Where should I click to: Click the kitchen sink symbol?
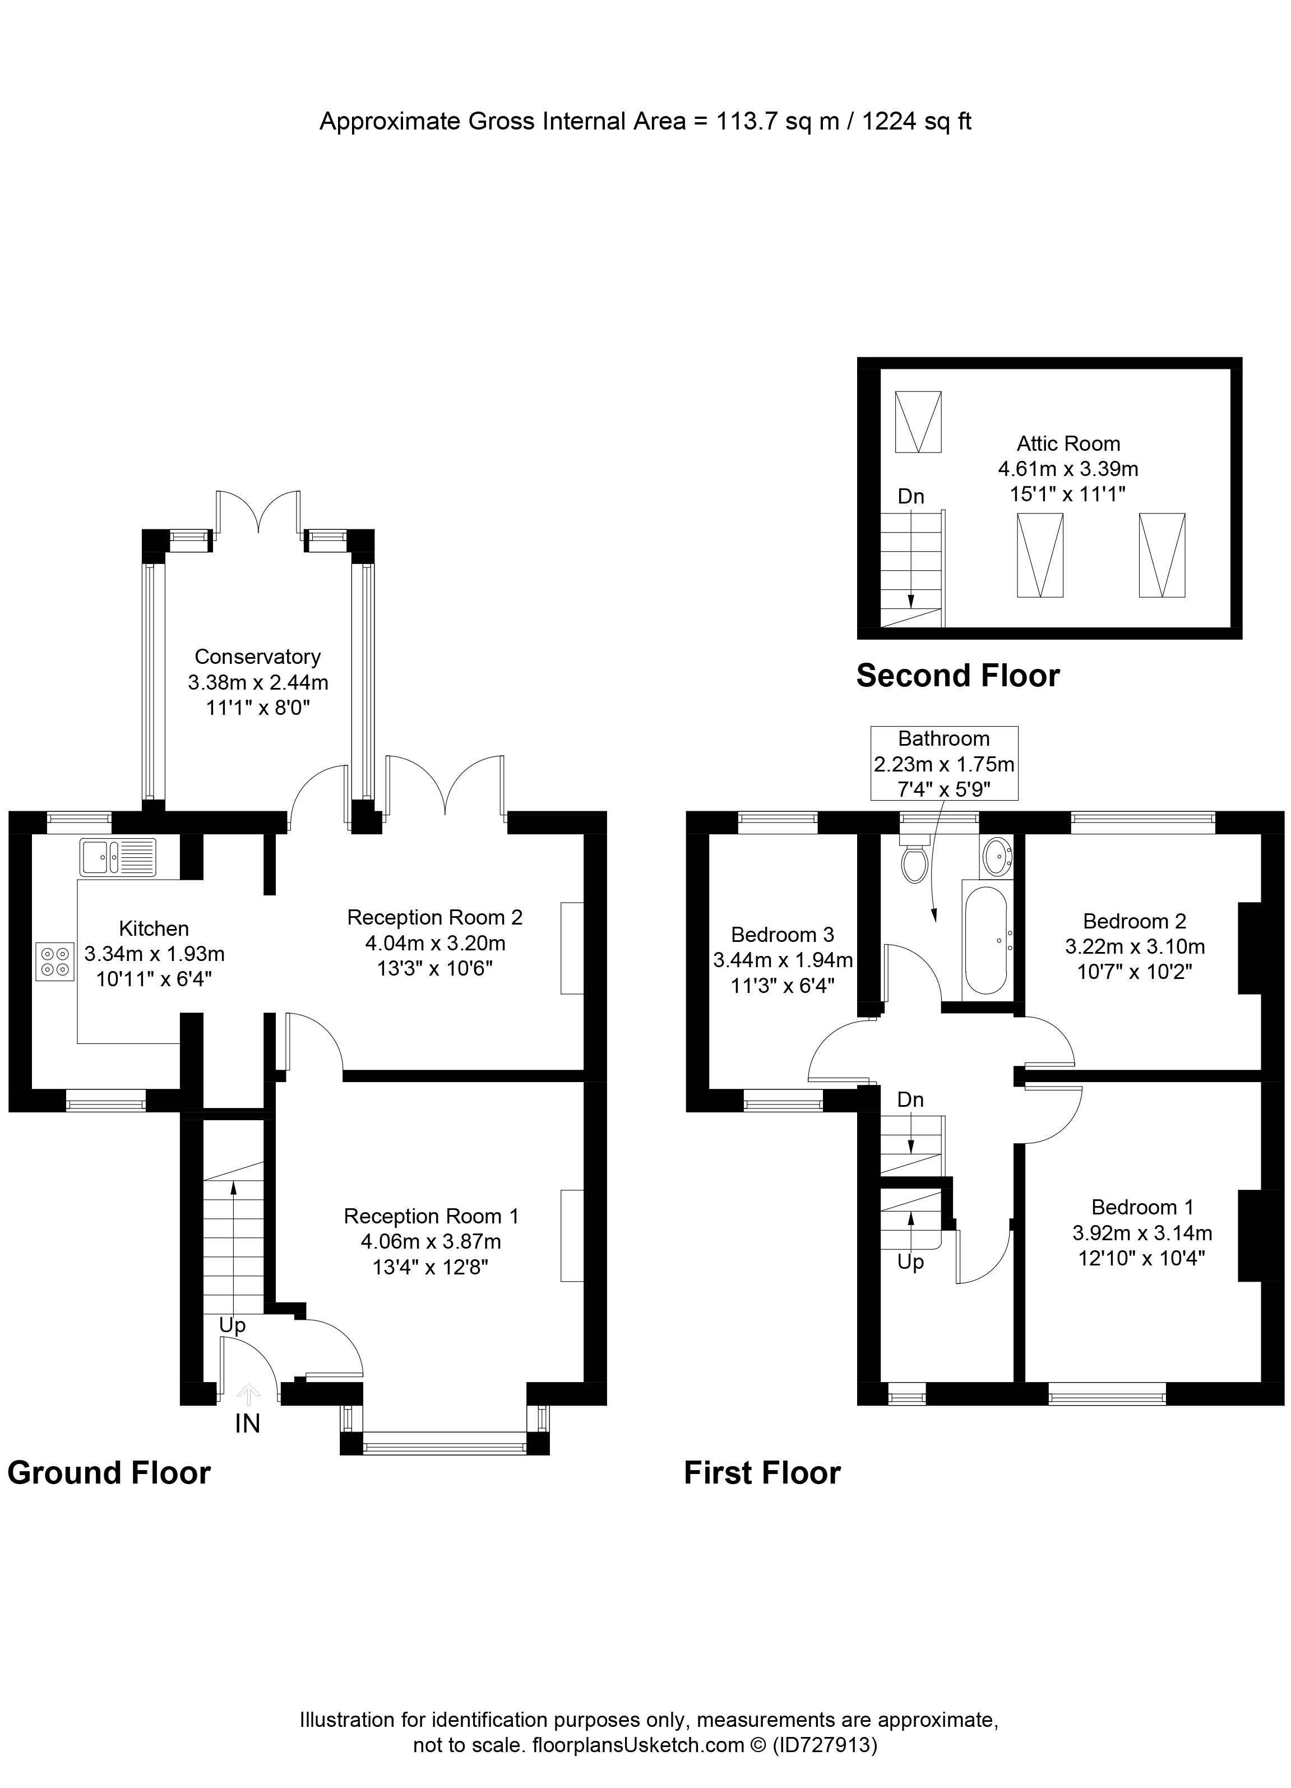tap(118, 857)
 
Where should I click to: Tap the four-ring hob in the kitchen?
tap(54, 962)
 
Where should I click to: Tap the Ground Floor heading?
tap(109, 1473)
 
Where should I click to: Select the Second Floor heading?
tap(957, 676)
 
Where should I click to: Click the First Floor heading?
tap(762, 1473)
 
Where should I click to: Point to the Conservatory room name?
tap(258, 657)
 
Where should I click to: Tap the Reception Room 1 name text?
tap(431, 1217)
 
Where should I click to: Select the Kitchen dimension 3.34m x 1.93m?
tap(155, 954)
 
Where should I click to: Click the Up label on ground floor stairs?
tap(233, 1325)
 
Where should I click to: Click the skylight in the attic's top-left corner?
tap(918, 422)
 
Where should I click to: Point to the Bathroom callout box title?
tap(943, 739)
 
